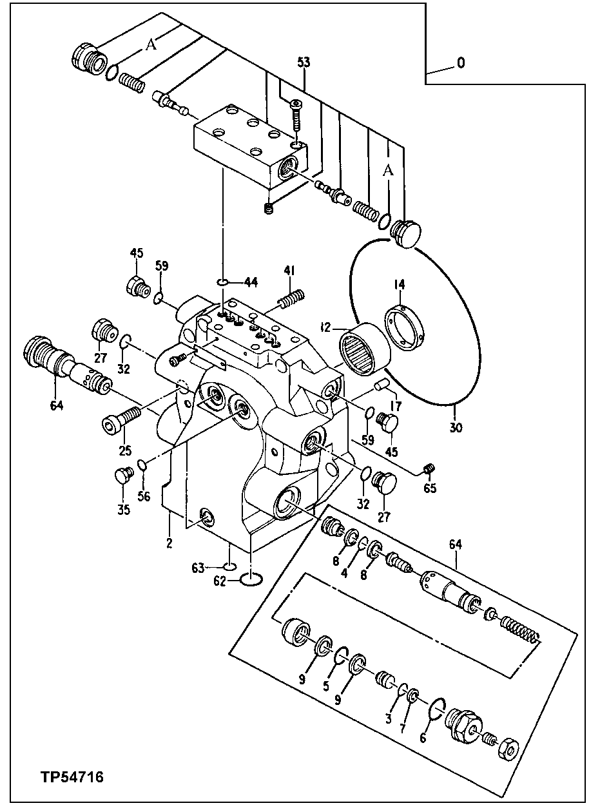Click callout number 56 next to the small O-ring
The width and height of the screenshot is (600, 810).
[x=143, y=496]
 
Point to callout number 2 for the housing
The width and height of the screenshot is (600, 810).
[x=169, y=543]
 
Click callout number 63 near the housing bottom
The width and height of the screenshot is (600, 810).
[x=197, y=568]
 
